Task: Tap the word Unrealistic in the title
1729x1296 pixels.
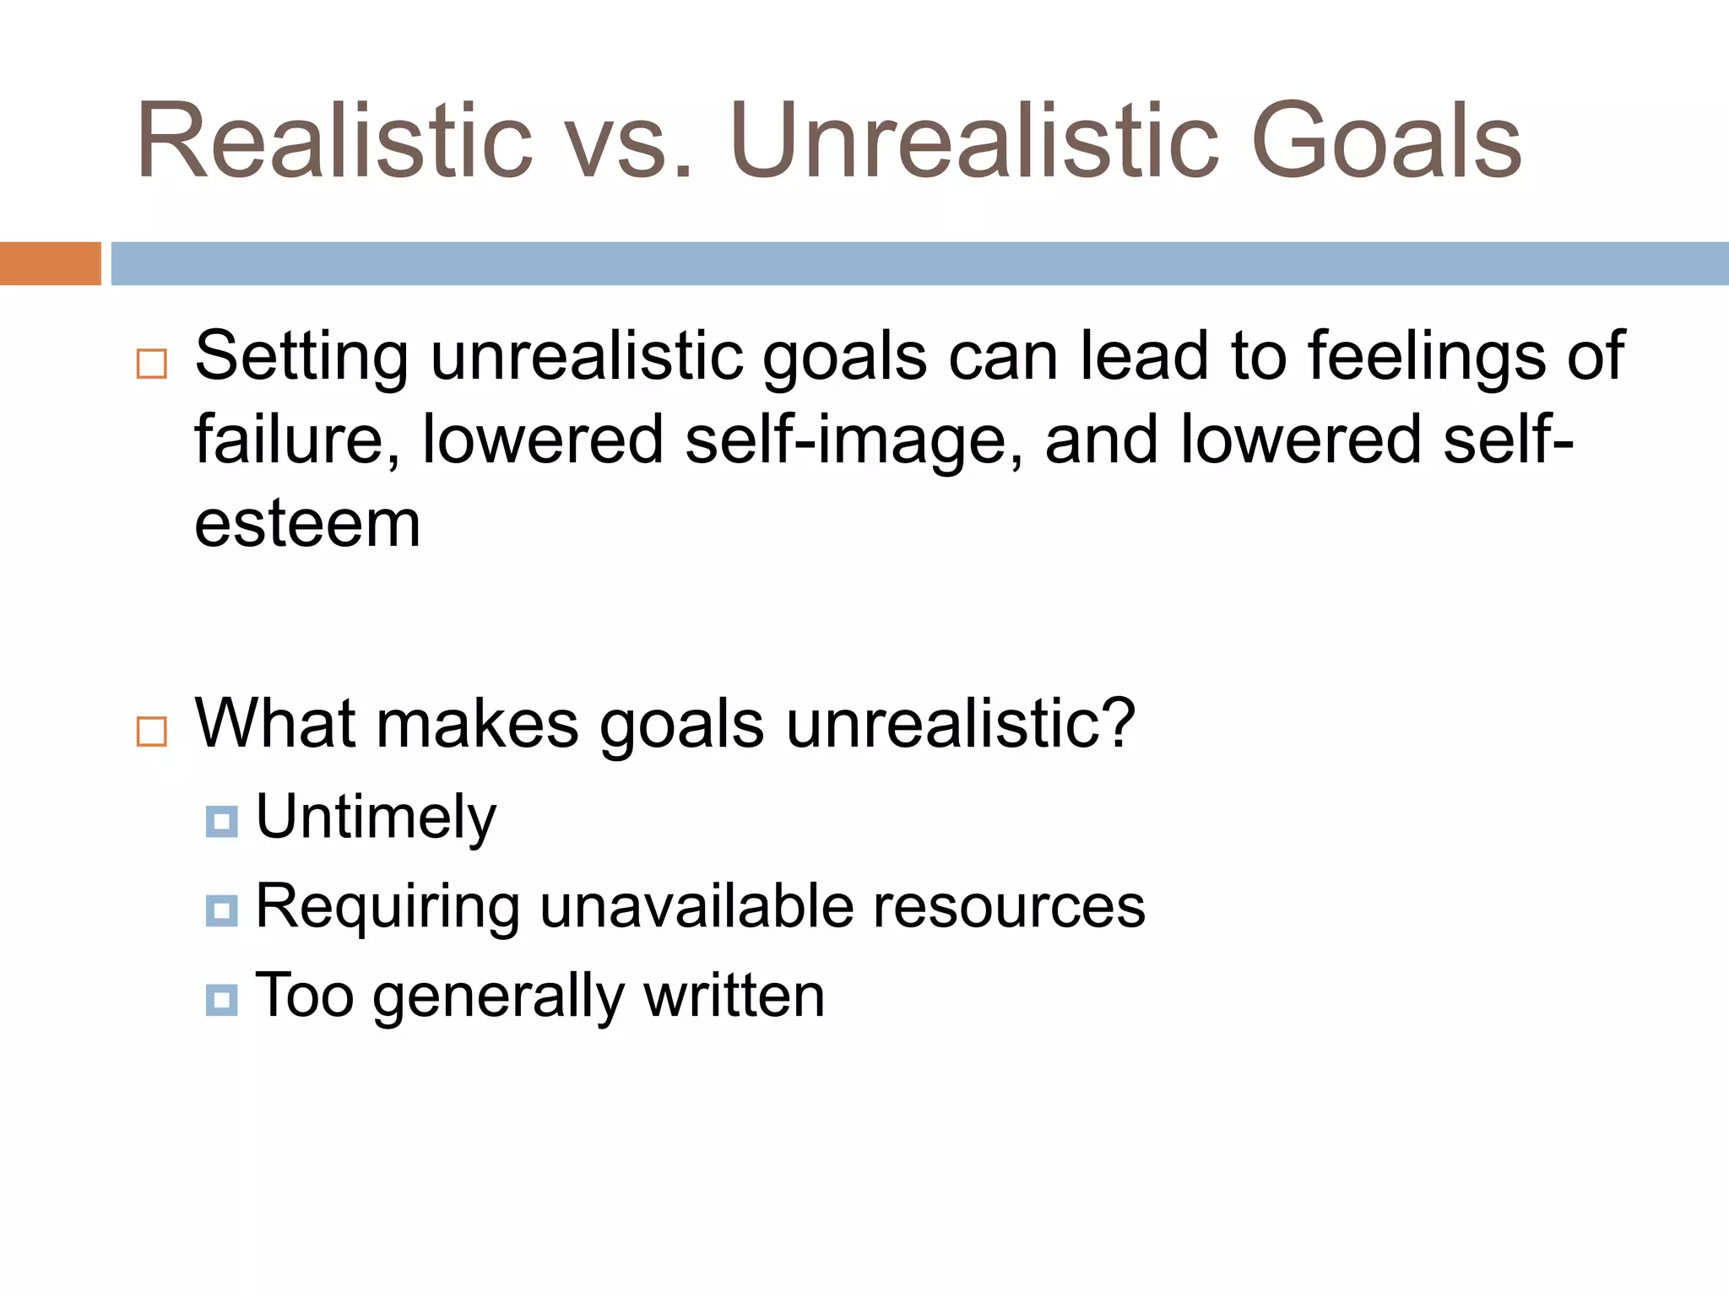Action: pos(976,141)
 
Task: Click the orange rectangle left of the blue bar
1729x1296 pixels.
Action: pos(50,263)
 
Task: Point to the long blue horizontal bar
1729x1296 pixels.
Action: pos(919,263)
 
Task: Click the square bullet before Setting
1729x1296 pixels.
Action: pos(152,364)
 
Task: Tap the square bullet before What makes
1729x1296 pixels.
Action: pos(152,731)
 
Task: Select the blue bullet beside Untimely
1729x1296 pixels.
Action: pos(221,821)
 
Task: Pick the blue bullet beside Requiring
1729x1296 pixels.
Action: pos(221,910)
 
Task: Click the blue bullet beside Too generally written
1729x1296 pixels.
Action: pos(221,1000)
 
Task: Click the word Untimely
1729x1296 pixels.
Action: pos(376,818)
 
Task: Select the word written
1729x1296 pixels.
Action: pos(734,996)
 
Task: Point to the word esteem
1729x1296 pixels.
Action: pos(307,525)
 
